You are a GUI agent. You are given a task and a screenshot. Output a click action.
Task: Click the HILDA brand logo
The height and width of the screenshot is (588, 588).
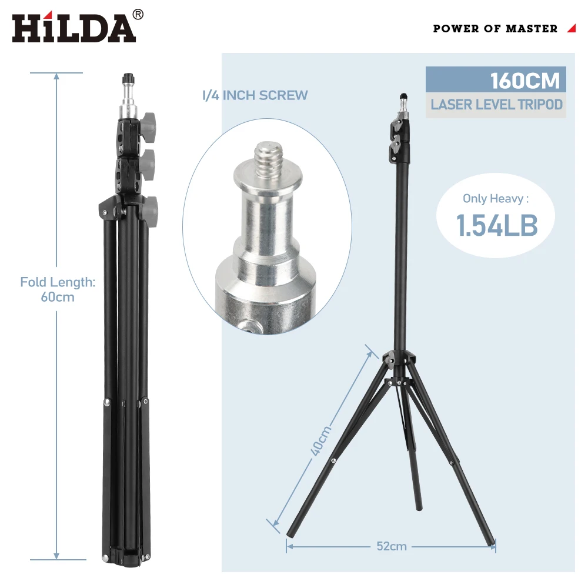tap(73, 28)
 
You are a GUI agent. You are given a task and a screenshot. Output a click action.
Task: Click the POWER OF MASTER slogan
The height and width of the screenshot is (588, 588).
tap(495, 28)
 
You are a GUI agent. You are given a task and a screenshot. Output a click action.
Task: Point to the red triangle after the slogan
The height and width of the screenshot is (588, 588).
tap(571, 28)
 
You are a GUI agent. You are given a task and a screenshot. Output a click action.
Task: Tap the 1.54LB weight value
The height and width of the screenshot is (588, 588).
tap(497, 226)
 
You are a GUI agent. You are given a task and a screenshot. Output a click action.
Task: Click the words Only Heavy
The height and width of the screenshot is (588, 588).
tap(495, 198)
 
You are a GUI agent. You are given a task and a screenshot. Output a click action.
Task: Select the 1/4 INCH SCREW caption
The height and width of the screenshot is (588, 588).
tap(255, 95)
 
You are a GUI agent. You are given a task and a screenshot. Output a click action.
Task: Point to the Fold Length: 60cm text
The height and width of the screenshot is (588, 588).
tap(58, 289)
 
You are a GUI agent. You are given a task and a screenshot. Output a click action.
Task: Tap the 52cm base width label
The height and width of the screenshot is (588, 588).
tap(392, 546)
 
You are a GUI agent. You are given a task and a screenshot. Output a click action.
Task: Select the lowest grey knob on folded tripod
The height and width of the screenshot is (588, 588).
tap(151, 206)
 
